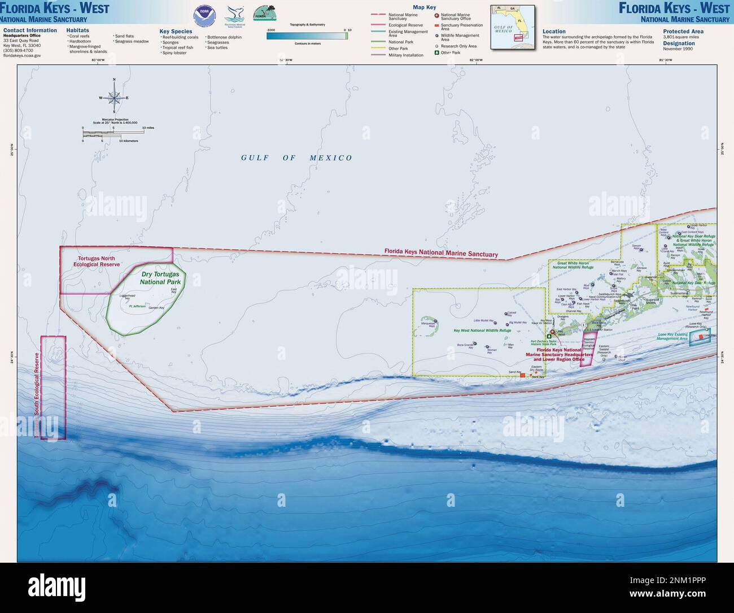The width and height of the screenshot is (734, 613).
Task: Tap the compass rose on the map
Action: click(114, 97)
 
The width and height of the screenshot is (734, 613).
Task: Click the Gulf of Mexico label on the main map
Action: click(296, 158)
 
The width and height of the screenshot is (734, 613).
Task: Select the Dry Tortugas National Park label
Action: click(160, 278)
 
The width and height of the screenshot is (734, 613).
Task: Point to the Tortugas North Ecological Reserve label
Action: click(97, 261)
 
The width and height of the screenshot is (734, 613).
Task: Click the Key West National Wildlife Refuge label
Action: click(482, 331)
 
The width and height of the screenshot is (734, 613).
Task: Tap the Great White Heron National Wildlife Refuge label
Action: click(575, 265)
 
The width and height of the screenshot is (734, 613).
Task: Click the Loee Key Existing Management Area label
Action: click(672, 336)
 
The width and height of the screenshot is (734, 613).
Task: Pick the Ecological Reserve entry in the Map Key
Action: click(405, 25)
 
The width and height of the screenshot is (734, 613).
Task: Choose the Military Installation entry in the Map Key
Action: click(405, 55)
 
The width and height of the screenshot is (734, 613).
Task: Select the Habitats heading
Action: click(77, 30)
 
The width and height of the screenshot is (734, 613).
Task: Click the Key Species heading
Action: click(176, 31)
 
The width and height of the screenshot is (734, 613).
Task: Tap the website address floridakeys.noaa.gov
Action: click(21, 55)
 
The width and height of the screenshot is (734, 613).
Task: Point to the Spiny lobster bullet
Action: click(174, 53)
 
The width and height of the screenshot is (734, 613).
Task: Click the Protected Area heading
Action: click(683, 31)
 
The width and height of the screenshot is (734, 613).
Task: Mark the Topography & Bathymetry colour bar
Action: click(307, 36)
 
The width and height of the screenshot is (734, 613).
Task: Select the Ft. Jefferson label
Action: click(137, 306)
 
